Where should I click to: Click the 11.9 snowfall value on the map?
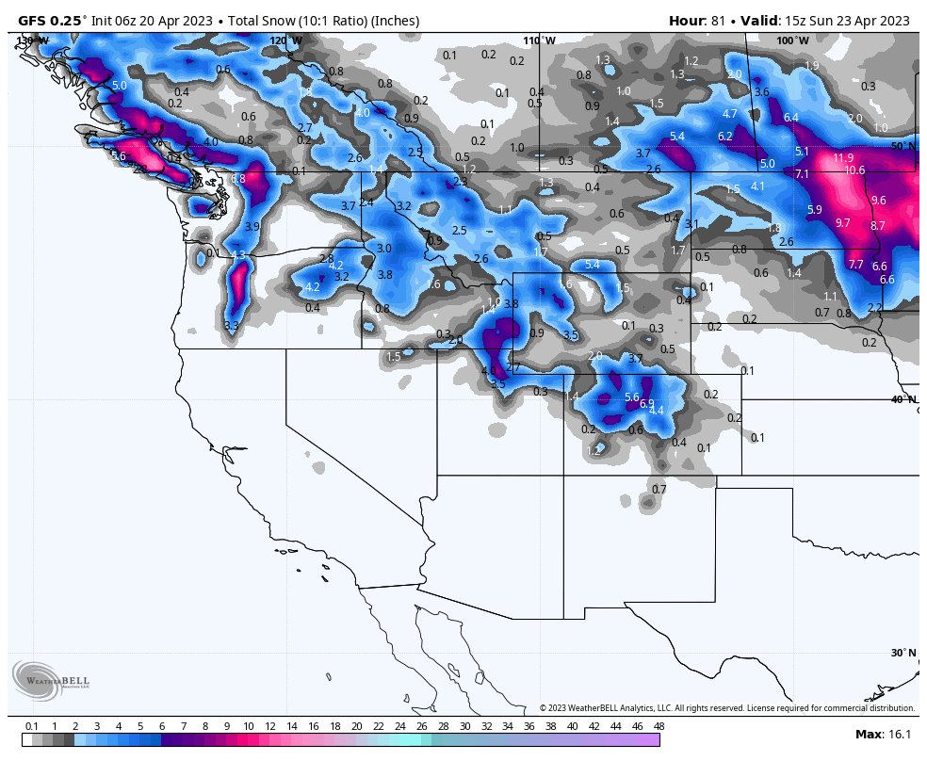point(843,158)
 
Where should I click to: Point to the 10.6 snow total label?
point(854,170)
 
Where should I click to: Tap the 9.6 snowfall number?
point(878,201)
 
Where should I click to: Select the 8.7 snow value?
point(878,226)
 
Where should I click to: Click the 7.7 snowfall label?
point(855,265)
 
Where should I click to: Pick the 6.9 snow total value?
point(646,404)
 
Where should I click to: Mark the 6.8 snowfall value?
point(237,179)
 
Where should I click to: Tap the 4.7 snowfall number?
point(729,114)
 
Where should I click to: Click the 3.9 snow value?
point(252,227)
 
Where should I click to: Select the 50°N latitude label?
point(903,146)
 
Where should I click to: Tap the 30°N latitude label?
point(903,653)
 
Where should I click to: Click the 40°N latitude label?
point(903,399)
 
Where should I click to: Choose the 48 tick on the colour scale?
point(659,726)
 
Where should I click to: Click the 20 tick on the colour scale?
point(356,726)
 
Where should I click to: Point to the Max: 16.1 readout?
point(882,735)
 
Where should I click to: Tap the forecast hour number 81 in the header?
point(721,21)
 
